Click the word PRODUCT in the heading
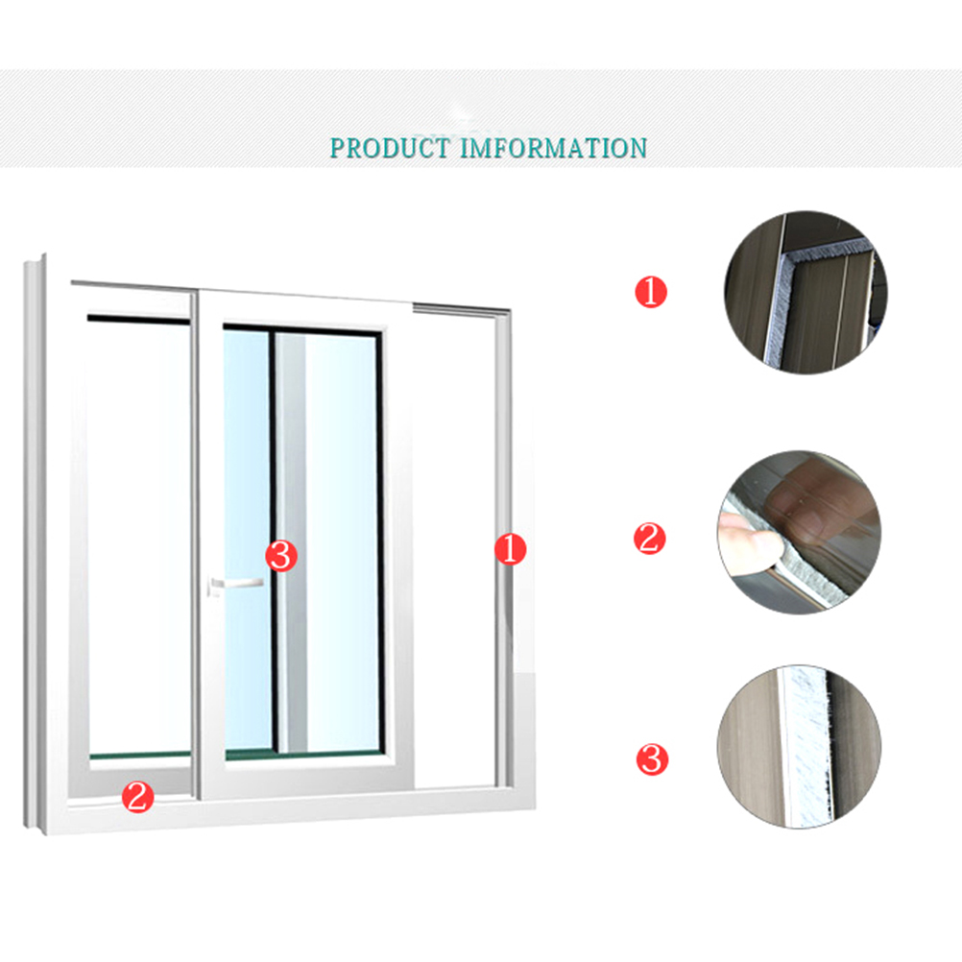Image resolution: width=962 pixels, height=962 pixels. (390, 148)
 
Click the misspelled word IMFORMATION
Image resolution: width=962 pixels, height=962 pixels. (553, 148)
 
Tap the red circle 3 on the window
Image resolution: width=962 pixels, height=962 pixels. (281, 556)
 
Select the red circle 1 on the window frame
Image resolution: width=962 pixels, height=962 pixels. (511, 548)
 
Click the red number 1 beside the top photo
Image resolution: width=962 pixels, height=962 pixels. (650, 292)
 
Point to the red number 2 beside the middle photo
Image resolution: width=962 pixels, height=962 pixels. (650, 539)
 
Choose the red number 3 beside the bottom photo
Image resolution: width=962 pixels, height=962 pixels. (652, 759)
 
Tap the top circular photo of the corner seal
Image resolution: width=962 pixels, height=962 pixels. (806, 293)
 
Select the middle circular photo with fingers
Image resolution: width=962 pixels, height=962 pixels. (800, 533)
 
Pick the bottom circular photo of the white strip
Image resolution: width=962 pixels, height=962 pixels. (800, 747)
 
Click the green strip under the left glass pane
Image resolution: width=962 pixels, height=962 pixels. (140, 756)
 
